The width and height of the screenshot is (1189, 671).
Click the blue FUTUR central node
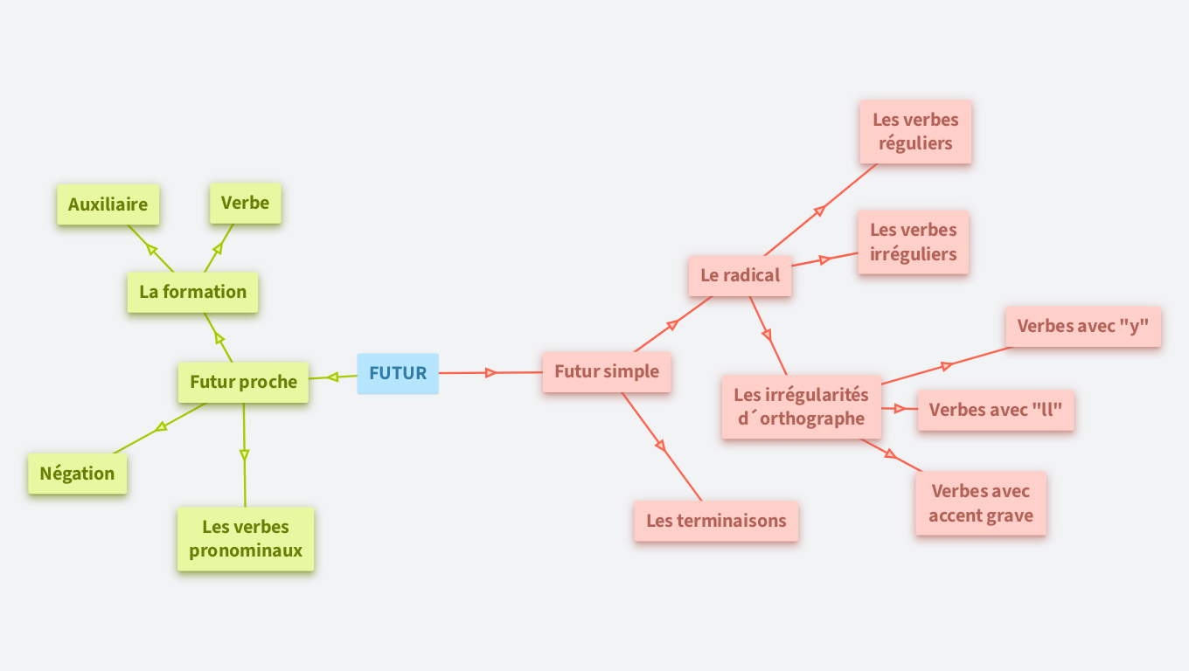click(x=398, y=373)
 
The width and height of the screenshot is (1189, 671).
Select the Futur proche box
click(x=243, y=382)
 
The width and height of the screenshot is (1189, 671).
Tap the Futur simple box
click(x=606, y=371)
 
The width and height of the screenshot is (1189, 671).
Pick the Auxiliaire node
click(x=108, y=204)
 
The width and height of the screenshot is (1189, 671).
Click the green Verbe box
click(x=245, y=203)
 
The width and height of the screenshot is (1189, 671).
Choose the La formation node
click(x=192, y=292)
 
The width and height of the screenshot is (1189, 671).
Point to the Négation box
click(x=77, y=474)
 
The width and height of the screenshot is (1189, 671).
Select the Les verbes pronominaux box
click(x=246, y=538)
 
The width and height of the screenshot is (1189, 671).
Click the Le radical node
click(x=740, y=275)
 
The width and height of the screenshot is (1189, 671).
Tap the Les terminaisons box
click(x=716, y=521)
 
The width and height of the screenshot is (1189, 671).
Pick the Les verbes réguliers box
click(x=915, y=131)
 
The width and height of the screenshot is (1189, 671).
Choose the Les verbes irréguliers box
click(x=913, y=242)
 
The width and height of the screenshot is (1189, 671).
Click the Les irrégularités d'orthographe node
click(x=801, y=406)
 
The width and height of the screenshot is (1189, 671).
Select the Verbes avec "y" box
click(x=1082, y=326)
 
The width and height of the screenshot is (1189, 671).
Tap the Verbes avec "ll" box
click(x=995, y=410)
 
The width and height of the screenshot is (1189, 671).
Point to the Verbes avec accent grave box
click(x=980, y=503)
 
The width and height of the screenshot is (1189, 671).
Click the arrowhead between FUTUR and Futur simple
click(x=491, y=372)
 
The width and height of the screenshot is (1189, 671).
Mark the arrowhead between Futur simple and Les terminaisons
click(x=661, y=446)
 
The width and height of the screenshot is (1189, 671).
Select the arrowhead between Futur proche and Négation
click(x=161, y=427)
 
